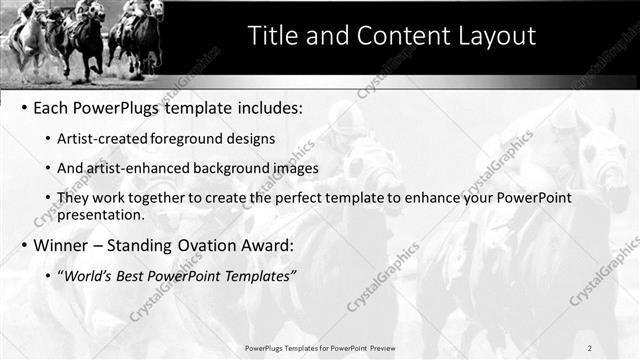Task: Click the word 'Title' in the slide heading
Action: [272, 36]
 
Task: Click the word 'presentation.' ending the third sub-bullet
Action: [103, 214]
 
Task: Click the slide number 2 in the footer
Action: [589, 348]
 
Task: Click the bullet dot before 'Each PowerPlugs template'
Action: [24, 108]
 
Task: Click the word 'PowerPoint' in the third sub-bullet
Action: [535, 198]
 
